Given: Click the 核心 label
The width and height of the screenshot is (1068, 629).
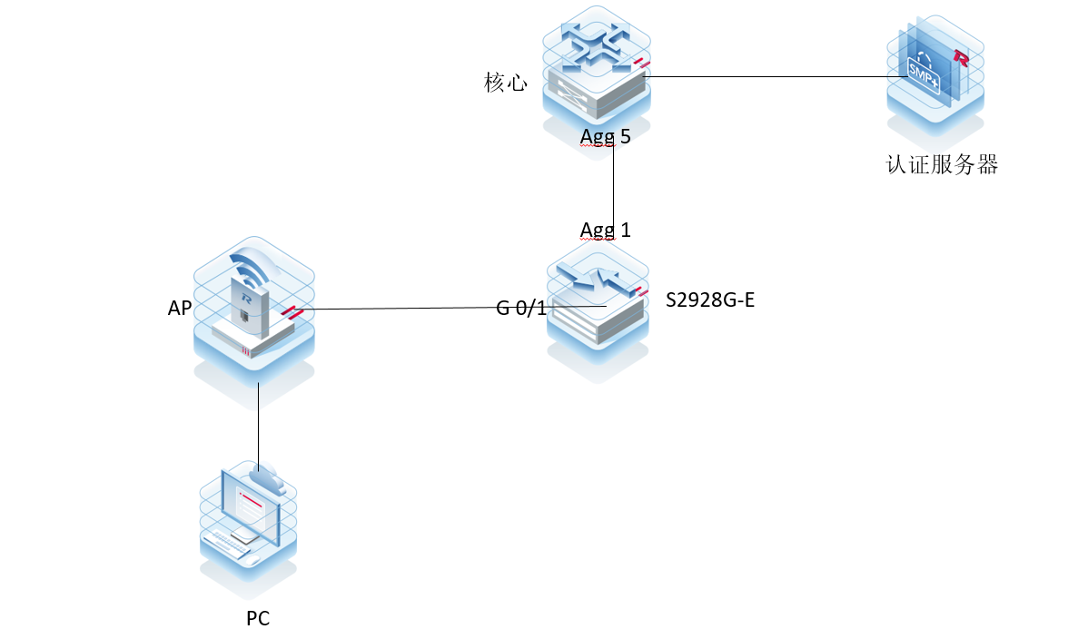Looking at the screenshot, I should pyautogui.click(x=506, y=84).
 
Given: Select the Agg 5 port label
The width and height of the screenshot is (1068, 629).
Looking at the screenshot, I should pyautogui.click(x=606, y=137).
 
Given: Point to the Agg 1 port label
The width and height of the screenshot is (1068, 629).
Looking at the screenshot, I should pyautogui.click(x=606, y=230).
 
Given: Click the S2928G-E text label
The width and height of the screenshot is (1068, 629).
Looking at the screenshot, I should pyautogui.click(x=710, y=300).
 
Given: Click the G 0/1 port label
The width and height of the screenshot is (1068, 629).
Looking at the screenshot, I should pyautogui.click(x=521, y=309).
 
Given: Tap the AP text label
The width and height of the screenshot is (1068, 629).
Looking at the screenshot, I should pyautogui.click(x=180, y=309).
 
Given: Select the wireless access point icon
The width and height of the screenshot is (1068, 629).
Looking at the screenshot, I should pyautogui.click(x=253, y=309).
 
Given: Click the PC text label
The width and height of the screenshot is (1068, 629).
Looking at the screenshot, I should pyautogui.click(x=258, y=619).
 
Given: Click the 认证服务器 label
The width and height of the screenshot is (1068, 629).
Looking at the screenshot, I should pyautogui.click(x=942, y=165).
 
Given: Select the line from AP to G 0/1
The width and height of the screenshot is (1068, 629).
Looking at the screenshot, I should pyautogui.click(x=400, y=309).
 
